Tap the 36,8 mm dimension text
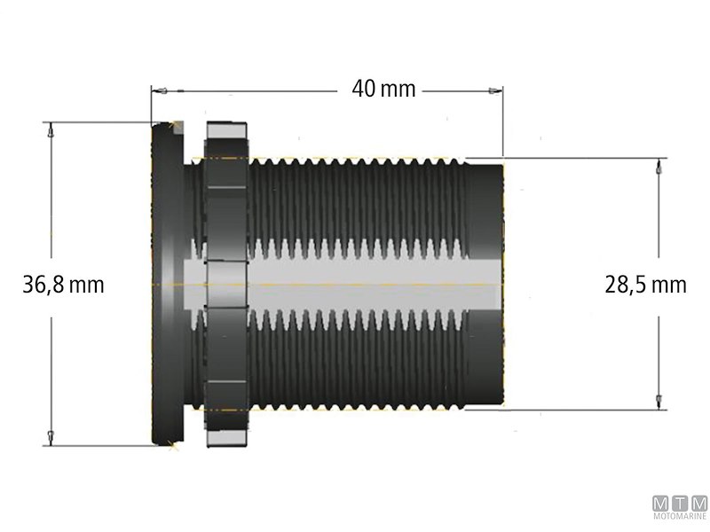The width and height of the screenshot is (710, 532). pyautogui.click(x=63, y=285)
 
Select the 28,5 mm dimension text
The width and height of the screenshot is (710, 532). pyautogui.click(x=645, y=285)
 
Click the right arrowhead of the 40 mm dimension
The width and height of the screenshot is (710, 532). pyautogui.click(x=497, y=90)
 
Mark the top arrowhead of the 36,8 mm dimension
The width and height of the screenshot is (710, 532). pyautogui.click(x=51, y=129)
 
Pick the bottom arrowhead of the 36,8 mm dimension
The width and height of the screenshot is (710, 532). pyautogui.click(x=51, y=438)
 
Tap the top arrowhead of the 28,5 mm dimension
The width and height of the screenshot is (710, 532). pyautogui.click(x=658, y=165)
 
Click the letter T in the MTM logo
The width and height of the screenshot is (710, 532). pyautogui.click(x=679, y=501)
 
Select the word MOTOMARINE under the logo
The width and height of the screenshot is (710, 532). pyautogui.click(x=679, y=515)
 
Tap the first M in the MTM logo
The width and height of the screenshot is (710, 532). pyautogui.click(x=660, y=501)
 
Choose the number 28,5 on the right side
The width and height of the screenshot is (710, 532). pyautogui.click(x=626, y=285)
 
